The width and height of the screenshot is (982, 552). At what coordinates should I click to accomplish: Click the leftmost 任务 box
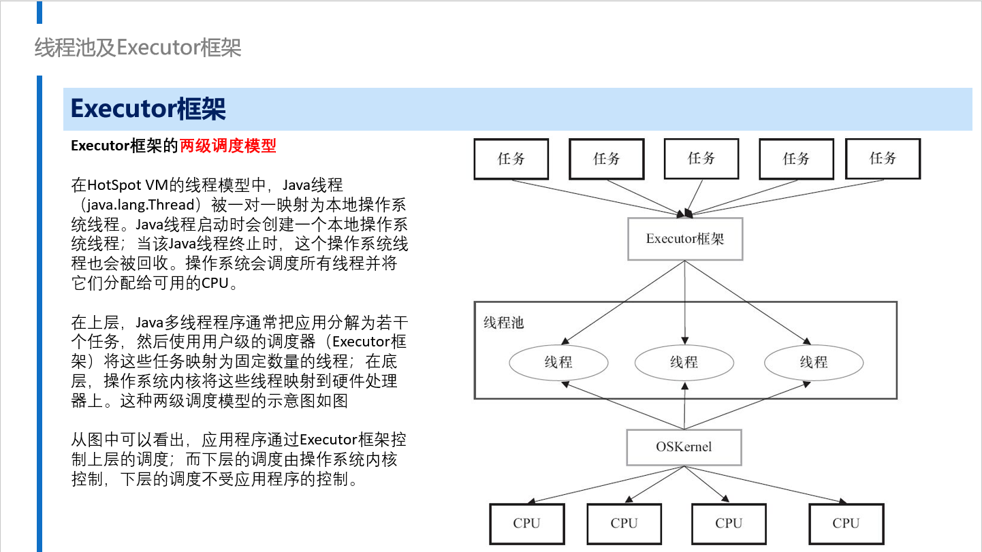511,159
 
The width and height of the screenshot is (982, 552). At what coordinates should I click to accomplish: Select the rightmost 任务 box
883,159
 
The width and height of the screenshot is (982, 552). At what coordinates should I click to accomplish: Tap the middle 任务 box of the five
701,159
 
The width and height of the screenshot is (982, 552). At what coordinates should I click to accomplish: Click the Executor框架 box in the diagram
685,239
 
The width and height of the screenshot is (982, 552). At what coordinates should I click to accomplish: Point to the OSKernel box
684,447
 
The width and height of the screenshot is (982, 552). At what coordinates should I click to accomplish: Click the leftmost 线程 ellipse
558,362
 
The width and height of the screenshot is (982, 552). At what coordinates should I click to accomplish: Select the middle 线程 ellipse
684,362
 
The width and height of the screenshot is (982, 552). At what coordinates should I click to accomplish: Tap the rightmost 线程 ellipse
814,362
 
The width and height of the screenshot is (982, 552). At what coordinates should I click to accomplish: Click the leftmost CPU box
527,523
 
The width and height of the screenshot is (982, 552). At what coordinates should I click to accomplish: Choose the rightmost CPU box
846,523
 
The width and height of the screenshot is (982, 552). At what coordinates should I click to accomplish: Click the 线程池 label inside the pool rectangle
504,323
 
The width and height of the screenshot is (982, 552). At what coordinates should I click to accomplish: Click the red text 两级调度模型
228,146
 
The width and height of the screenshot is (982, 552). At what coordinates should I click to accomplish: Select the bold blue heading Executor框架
148,109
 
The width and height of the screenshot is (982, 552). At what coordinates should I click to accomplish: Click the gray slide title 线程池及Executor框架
138,48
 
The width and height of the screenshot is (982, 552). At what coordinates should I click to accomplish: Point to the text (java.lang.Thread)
140,205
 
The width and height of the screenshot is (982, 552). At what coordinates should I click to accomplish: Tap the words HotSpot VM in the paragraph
127,185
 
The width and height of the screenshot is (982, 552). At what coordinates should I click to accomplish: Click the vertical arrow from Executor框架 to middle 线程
685,303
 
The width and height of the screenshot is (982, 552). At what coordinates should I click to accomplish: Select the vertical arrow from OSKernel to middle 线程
685,406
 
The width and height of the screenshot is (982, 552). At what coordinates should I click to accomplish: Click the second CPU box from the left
624,523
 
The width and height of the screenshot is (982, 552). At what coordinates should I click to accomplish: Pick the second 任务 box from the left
607,159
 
